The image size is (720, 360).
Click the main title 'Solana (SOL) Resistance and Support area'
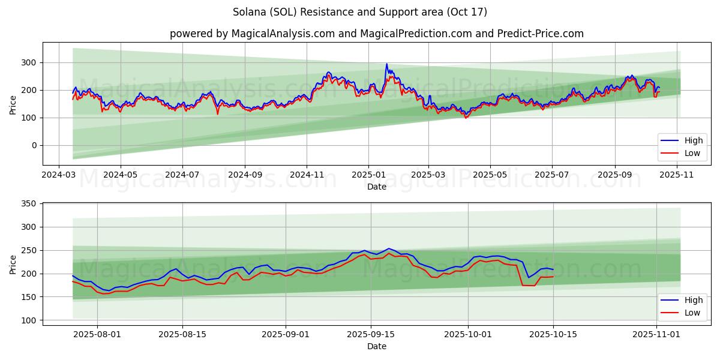coord(359,12)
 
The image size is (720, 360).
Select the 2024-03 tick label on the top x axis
coord(59,175)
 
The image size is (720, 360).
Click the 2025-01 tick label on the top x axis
coord(368,175)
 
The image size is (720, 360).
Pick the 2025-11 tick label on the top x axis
coord(677,175)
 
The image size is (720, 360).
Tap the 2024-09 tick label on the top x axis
coord(244,175)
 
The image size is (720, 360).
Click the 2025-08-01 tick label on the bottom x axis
coord(97,335)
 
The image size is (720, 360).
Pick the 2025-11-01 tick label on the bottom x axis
coord(657,335)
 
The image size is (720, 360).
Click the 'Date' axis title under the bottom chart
coord(376,346)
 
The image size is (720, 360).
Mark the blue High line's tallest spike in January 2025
coord(386,64)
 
